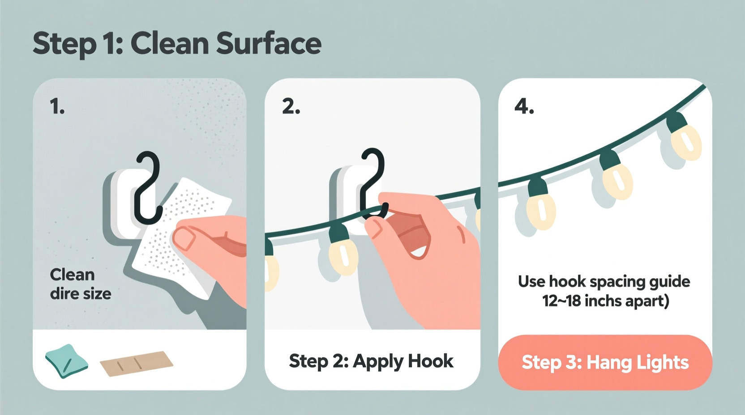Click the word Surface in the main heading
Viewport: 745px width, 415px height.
point(268,43)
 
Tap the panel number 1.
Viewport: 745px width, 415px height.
point(57,107)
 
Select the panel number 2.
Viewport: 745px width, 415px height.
point(291,107)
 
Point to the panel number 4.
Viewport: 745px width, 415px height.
point(524,107)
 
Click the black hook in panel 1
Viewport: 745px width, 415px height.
point(148,188)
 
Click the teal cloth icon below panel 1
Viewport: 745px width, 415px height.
point(66,361)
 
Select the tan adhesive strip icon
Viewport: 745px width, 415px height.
point(136,363)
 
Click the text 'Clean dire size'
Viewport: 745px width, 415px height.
point(80,284)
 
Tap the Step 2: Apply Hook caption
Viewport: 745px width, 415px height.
point(371,361)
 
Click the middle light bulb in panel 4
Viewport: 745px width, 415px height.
point(617,179)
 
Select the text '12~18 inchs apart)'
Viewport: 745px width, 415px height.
point(605,301)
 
